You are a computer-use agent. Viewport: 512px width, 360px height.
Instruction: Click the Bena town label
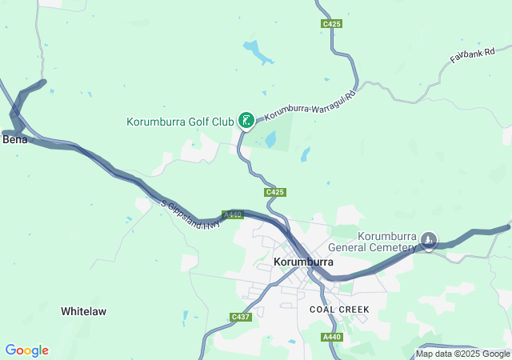click(x=15, y=139)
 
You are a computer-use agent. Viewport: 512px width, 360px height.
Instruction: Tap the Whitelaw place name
click(x=83, y=310)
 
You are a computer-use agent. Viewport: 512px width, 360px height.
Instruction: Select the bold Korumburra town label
click(x=303, y=262)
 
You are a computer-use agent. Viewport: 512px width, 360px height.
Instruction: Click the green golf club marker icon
click(x=247, y=121)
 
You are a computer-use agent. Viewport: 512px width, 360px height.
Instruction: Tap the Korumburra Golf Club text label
click(x=180, y=122)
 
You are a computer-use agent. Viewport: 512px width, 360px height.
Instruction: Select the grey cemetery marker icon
click(x=429, y=239)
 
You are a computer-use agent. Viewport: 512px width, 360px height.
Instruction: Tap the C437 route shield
click(x=241, y=318)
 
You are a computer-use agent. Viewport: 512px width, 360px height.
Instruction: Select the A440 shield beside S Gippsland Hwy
click(x=232, y=214)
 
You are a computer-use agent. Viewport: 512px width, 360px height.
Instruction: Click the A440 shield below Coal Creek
click(x=333, y=338)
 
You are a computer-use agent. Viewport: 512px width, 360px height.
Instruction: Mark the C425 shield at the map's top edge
click(x=332, y=25)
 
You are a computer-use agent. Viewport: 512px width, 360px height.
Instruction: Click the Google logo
click(x=26, y=350)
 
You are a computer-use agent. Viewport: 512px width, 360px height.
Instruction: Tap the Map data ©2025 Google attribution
click(x=462, y=354)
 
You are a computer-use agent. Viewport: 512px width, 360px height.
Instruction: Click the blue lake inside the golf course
click(x=270, y=141)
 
